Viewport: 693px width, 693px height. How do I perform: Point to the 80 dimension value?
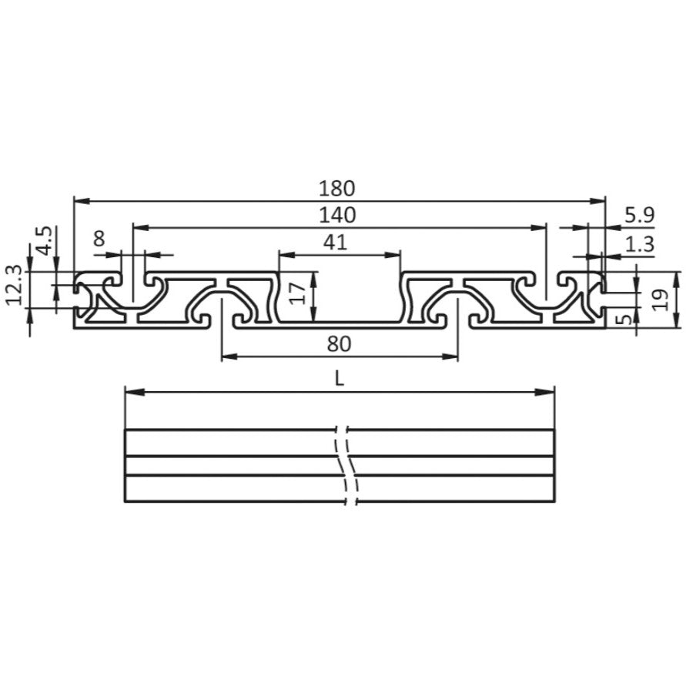(x=338, y=343)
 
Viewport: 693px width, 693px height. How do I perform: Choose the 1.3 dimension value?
(x=639, y=244)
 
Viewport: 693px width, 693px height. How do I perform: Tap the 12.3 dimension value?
(x=13, y=285)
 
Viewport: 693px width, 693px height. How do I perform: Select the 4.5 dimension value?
(x=44, y=240)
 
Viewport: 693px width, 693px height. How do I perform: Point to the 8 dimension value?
(x=99, y=239)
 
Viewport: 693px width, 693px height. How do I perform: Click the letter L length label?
(x=340, y=379)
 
